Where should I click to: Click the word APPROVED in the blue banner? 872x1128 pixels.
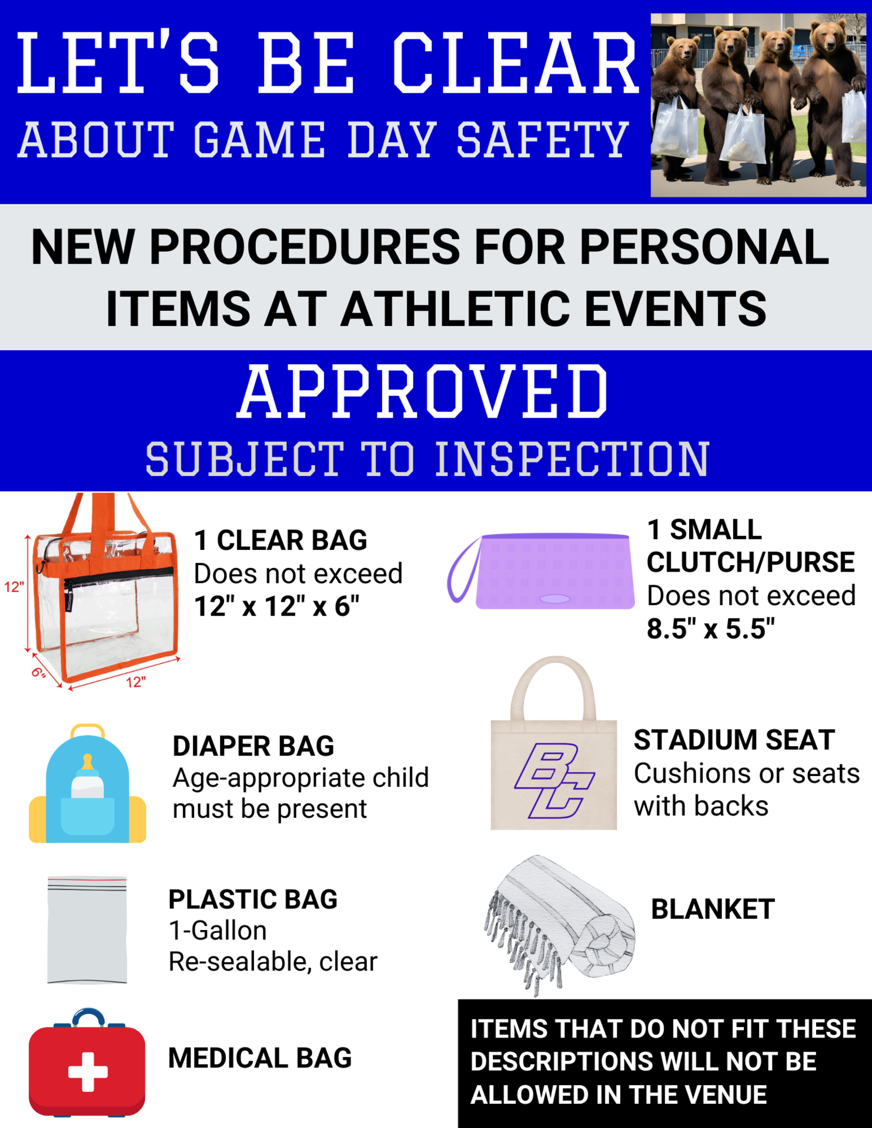tap(423, 392)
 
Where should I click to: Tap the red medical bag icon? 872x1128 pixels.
tap(87, 1063)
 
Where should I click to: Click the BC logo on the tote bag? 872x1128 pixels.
tap(554, 781)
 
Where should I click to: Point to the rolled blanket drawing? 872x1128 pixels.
tap(559, 922)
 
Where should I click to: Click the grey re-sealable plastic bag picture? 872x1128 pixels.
tap(87, 929)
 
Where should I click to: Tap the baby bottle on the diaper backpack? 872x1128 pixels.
tap(87, 778)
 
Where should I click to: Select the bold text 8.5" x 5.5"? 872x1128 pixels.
tap(711, 629)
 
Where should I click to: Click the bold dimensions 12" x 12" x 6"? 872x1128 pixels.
tap(276, 606)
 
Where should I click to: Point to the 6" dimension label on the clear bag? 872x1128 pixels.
tap(38, 672)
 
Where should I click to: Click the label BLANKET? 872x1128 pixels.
tap(713, 909)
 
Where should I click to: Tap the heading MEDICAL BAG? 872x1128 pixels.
tap(260, 1058)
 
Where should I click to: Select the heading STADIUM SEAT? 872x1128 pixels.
tap(734, 740)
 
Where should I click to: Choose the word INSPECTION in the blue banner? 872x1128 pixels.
tap(572, 459)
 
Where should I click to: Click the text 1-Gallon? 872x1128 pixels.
tap(218, 931)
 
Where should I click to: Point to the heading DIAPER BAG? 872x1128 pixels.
tap(253, 746)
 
